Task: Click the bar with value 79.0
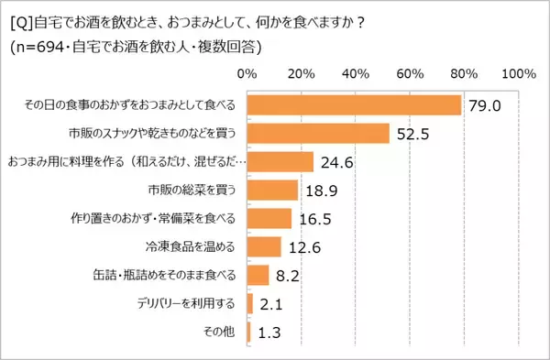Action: (x=354, y=105)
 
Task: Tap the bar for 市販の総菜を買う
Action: (x=272, y=191)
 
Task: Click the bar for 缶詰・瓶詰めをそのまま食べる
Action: (x=258, y=275)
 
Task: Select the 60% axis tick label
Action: (x=410, y=73)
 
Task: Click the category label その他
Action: (x=223, y=332)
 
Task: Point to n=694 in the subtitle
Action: (x=43, y=45)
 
